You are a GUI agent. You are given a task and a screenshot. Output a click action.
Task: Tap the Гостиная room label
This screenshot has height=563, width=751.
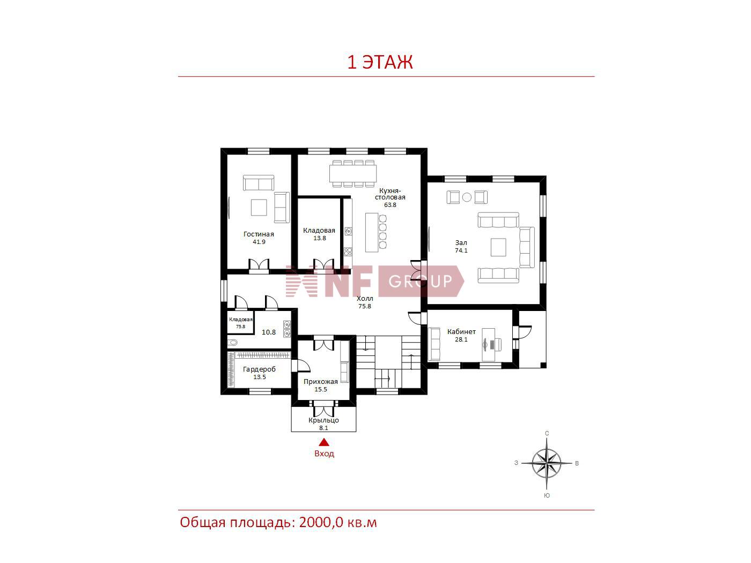coord(259,234)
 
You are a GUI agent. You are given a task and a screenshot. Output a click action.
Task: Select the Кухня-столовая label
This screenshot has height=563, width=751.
coord(390,194)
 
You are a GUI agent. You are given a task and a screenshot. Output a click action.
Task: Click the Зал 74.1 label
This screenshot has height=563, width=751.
coord(461,246)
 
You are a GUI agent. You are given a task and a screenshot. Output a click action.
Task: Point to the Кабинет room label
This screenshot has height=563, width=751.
coord(461,331)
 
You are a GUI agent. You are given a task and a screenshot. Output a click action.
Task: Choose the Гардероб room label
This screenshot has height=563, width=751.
coord(259,369)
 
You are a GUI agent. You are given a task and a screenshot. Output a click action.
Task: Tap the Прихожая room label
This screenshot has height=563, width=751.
coord(321,381)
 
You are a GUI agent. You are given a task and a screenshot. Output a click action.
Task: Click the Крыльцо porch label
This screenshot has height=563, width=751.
coord(323,420)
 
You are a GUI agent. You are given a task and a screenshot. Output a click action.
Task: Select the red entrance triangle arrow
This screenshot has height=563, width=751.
coord(324,443)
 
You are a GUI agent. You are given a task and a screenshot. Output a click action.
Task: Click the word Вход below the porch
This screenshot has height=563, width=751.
coord(324,454)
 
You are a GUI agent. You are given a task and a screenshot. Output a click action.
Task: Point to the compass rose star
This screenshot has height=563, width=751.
coord(547,463)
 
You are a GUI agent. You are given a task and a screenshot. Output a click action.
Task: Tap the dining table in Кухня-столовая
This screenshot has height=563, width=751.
coord(353,174)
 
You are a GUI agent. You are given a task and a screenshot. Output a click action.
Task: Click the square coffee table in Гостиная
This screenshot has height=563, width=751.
coord(259,208)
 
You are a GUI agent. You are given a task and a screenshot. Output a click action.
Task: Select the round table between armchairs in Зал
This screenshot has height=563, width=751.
coord(467,197)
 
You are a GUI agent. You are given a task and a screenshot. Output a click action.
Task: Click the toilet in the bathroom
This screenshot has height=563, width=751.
coord(233,342)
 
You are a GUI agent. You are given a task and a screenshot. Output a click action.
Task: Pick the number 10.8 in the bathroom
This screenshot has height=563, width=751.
coord(269,332)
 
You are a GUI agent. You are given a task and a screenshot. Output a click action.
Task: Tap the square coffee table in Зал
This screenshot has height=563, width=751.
coord(498,247)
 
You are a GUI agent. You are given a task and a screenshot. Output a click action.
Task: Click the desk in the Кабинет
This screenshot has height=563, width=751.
coord(488,345)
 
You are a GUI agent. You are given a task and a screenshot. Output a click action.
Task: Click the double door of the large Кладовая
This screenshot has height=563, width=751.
coord(323,264)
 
